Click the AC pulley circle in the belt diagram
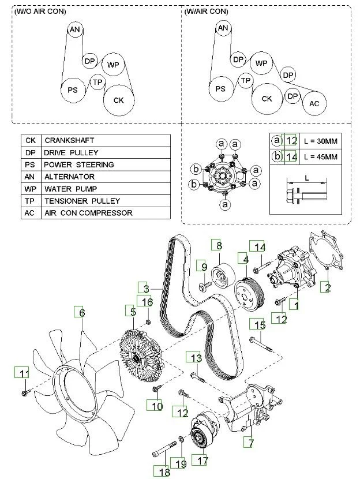[314, 103]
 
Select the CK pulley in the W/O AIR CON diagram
[118, 100]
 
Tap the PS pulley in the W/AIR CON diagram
[220, 89]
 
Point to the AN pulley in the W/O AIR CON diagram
[74, 29]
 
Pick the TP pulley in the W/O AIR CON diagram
[97, 83]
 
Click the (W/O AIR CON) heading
[40, 12]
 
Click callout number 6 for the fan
[82, 312]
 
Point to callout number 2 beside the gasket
[326, 287]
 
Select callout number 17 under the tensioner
[202, 461]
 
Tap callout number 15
[260, 325]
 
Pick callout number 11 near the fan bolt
[24, 373]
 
